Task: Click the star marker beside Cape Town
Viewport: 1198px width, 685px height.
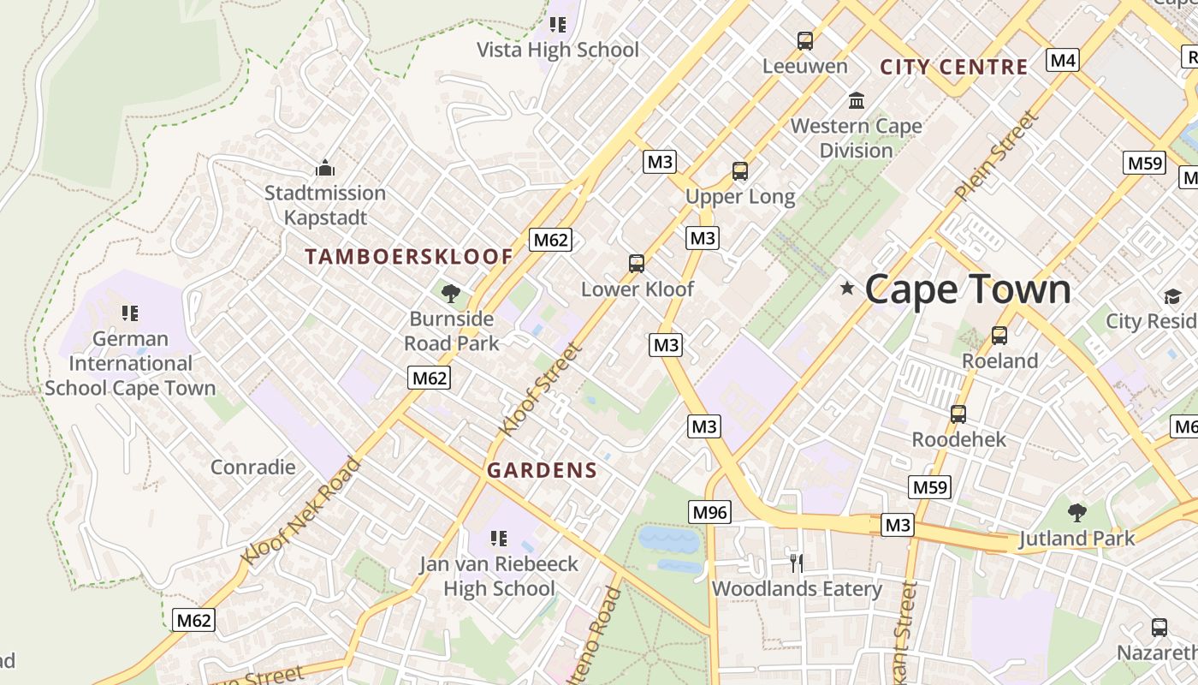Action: pyautogui.click(x=847, y=289)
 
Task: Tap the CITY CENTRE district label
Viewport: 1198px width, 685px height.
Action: pyautogui.click(x=953, y=67)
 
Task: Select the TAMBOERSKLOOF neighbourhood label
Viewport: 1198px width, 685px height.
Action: pyautogui.click(x=409, y=256)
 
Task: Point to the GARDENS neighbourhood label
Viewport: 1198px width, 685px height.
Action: pyautogui.click(x=542, y=470)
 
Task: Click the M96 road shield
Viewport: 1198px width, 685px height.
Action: pyautogui.click(x=709, y=512)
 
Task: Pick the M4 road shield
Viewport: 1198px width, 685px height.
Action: pyautogui.click(x=1062, y=60)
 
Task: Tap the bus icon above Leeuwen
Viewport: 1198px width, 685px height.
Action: pyautogui.click(x=804, y=40)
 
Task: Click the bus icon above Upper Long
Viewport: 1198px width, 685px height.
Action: pyautogui.click(x=740, y=171)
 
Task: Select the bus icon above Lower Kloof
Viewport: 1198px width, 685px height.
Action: pyautogui.click(x=637, y=264)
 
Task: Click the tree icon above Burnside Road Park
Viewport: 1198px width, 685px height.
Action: pyautogui.click(x=450, y=294)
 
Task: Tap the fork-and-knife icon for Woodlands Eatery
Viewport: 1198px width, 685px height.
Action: pyautogui.click(x=797, y=563)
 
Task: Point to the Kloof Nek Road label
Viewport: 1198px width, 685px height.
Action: pyautogui.click(x=301, y=511)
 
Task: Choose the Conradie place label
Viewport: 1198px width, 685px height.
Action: pyautogui.click(x=253, y=467)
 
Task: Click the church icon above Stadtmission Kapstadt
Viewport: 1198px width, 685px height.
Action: pyautogui.click(x=325, y=168)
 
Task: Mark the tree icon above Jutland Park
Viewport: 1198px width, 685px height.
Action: pyautogui.click(x=1076, y=513)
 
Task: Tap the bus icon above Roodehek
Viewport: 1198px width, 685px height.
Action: pyautogui.click(x=958, y=414)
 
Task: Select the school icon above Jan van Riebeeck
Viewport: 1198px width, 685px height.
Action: pyautogui.click(x=499, y=539)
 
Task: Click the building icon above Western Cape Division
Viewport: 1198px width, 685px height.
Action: pyautogui.click(x=857, y=101)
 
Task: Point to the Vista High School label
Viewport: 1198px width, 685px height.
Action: pyautogui.click(x=557, y=50)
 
